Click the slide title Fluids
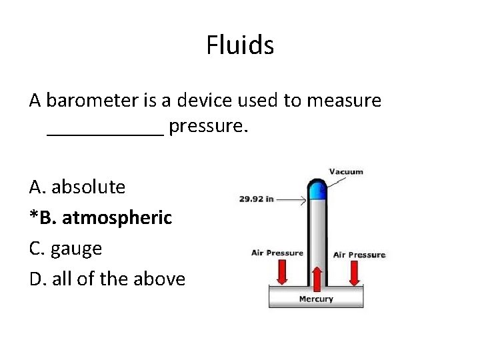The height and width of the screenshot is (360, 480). (x=240, y=45)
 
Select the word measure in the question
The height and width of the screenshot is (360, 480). (x=344, y=101)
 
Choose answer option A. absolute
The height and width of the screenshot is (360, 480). (x=77, y=187)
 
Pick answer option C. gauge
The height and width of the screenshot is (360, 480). (x=65, y=249)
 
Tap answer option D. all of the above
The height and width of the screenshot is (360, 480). (x=107, y=279)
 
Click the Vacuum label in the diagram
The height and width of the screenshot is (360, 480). (x=346, y=171)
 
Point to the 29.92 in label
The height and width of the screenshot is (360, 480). (x=257, y=199)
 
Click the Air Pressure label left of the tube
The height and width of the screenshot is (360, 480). (x=277, y=253)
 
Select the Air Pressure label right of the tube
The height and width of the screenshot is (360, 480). (x=359, y=255)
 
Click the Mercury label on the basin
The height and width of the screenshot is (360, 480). (x=315, y=299)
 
